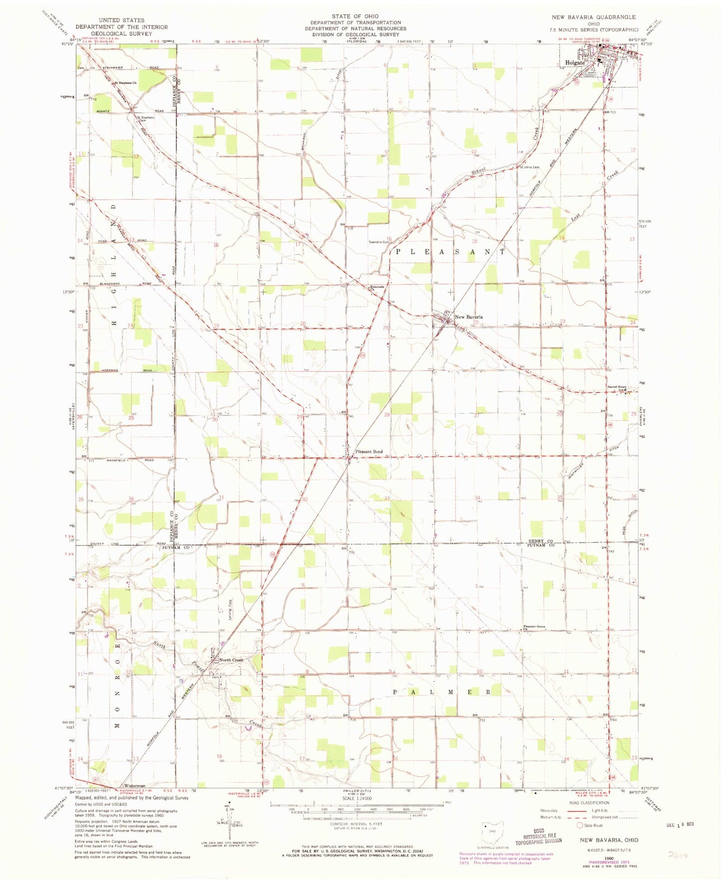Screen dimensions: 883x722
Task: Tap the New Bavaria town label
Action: pyautogui.click(x=468, y=317)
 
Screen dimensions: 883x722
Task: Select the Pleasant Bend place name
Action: pyautogui.click(x=368, y=452)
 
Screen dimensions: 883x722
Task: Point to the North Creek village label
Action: pyautogui.click(x=231, y=660)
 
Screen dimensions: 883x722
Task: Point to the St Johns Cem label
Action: pyautogui.click(x=530, y=167)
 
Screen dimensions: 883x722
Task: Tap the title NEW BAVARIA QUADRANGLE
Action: pyautogui.click(x=594, y=17)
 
